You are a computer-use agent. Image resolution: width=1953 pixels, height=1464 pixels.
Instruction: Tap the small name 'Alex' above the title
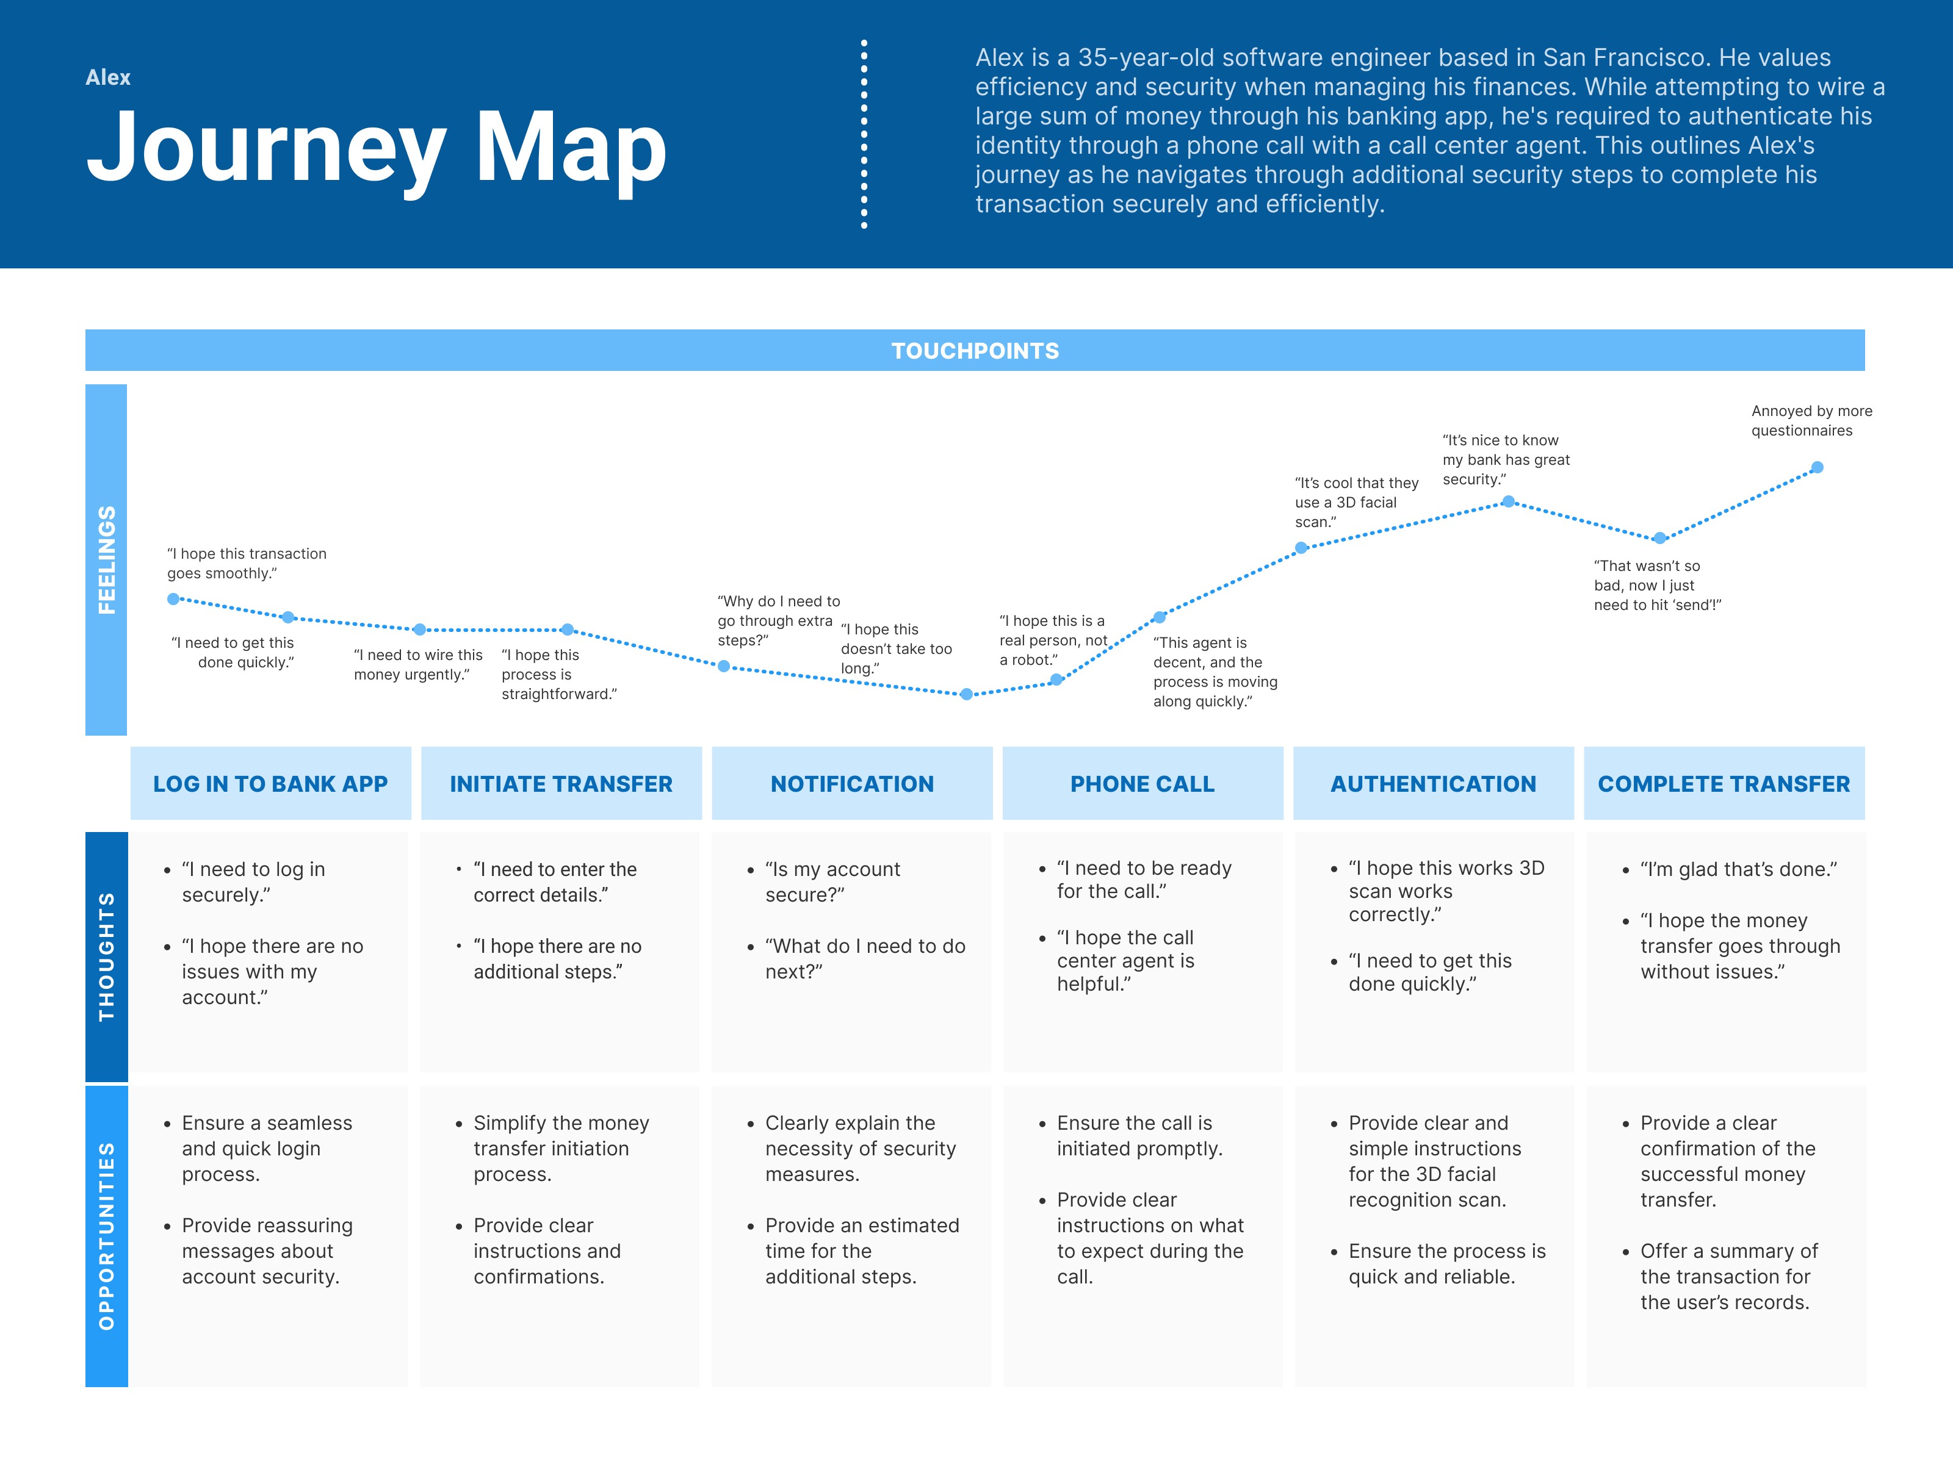coord(107,77)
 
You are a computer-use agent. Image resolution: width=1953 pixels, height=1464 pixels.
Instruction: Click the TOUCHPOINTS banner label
coord(975,350)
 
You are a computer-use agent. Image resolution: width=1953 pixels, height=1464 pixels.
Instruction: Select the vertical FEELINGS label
coord(106,559)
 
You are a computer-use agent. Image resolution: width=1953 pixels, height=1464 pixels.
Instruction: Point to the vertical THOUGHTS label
coord(106,956)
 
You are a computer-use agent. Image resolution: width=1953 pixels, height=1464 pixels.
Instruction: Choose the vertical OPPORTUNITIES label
coord(106,1235)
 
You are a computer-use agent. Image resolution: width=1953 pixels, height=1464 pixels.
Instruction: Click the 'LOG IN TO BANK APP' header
coord(270,784)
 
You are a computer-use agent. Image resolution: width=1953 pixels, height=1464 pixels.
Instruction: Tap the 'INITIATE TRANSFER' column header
coord(561,784)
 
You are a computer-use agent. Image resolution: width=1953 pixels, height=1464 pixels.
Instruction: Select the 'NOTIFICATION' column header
coord(852,784)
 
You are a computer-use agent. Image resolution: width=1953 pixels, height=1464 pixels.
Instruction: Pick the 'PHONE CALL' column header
coord(1143,784)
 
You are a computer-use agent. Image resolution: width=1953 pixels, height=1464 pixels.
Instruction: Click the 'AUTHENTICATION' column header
coord(1433,784)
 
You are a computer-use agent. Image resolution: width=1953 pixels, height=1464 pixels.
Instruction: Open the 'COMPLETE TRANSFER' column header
coord(1724,784)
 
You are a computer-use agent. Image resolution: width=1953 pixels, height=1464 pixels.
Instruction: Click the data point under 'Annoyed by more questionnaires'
coord(1817,468)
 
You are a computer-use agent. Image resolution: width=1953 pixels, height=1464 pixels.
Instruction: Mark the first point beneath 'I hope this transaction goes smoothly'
coord(174,599)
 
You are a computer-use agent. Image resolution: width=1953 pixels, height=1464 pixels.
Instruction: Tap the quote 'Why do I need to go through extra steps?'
coord(777,620)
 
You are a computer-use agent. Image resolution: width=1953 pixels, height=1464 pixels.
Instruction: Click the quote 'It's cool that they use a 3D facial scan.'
coord(1356,502)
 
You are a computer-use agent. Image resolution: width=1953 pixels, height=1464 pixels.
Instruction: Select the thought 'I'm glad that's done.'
coord(1738,869)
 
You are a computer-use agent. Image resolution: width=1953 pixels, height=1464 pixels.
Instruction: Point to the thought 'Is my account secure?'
coord(832,881)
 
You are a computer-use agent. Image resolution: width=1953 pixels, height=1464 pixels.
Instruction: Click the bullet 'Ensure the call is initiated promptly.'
coord(1138,1136)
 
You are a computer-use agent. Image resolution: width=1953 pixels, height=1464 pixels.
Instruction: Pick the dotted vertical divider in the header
coord(864,134)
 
